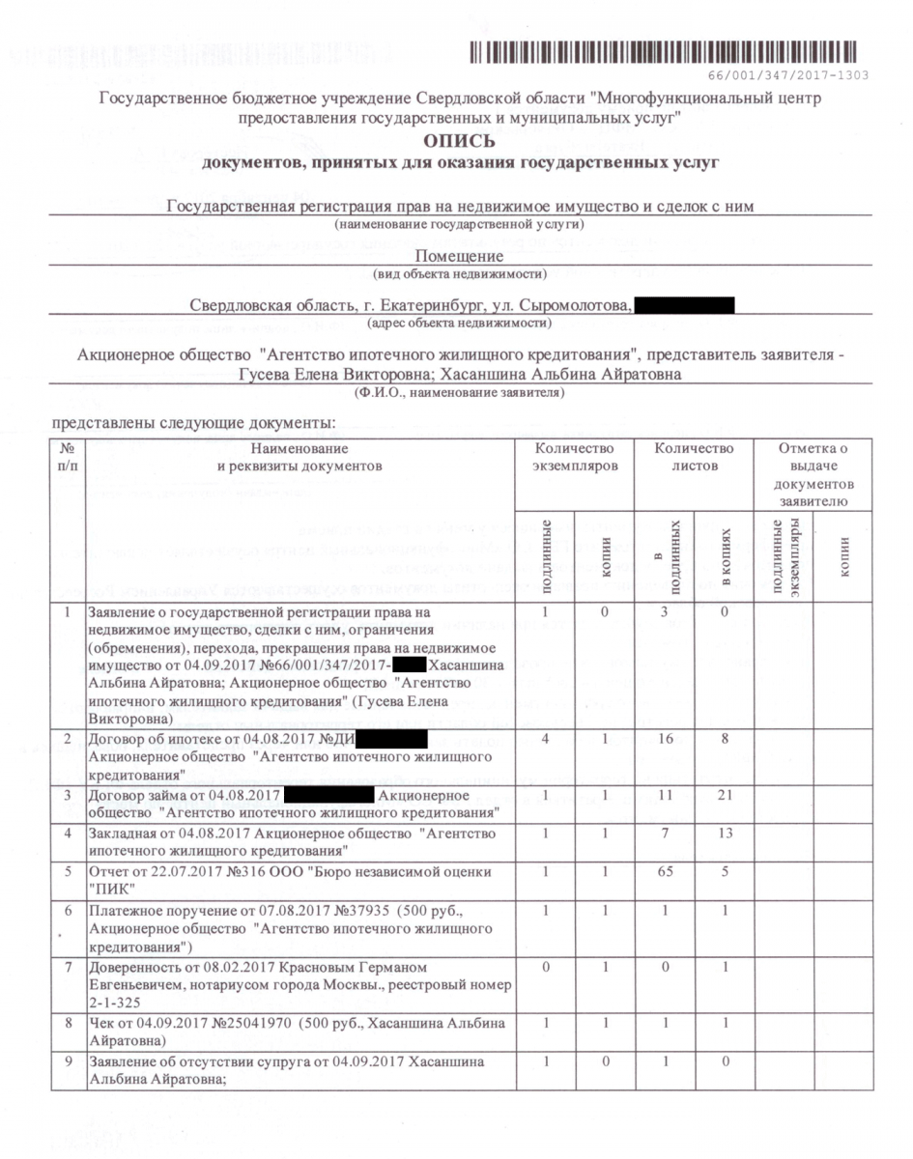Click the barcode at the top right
click(665, 53)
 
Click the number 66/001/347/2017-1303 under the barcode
click(788, 74)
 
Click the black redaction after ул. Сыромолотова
click(686, 306)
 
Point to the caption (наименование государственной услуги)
click(459, 224)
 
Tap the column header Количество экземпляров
click(574, 457)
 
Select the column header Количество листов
click(694, 457)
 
